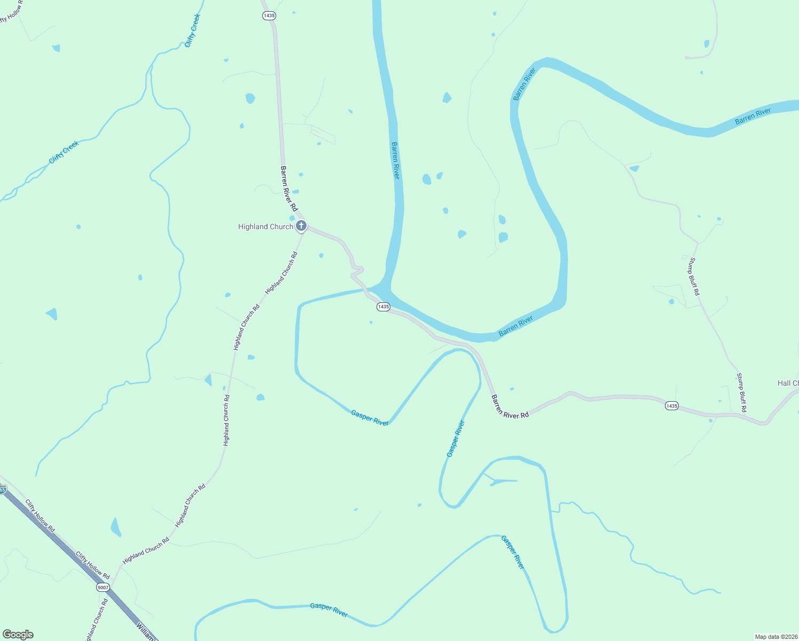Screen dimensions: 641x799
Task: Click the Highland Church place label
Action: click(265, 227)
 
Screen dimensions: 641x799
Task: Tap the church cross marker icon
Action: click(301, 226)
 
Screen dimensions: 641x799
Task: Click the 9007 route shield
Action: click(103, 588)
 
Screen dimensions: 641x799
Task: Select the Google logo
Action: click(18, 635)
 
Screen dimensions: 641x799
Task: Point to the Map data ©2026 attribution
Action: click(775, 637)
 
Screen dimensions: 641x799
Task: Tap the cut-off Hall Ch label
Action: click(788, 383)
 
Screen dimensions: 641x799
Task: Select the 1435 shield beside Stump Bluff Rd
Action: click(672, 406)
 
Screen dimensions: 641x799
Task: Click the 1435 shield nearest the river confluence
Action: click(383, 307)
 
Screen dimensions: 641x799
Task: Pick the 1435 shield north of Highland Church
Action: click(269, 15)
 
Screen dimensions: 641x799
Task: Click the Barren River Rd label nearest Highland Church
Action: click(289, 188)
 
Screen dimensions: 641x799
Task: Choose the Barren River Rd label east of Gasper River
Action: click(510, 407)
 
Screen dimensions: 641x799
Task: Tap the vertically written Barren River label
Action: click(396, 160)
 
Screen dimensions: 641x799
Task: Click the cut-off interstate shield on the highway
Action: click(2, 489)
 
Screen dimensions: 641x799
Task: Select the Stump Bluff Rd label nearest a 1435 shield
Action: click(741, 393)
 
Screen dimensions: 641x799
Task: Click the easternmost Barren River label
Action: click(753, 116)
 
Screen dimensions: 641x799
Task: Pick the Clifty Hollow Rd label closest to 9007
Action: click(92, 566)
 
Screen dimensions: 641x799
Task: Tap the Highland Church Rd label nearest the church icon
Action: click(281, 272)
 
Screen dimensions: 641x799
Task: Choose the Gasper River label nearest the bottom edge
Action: click(329, 610)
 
